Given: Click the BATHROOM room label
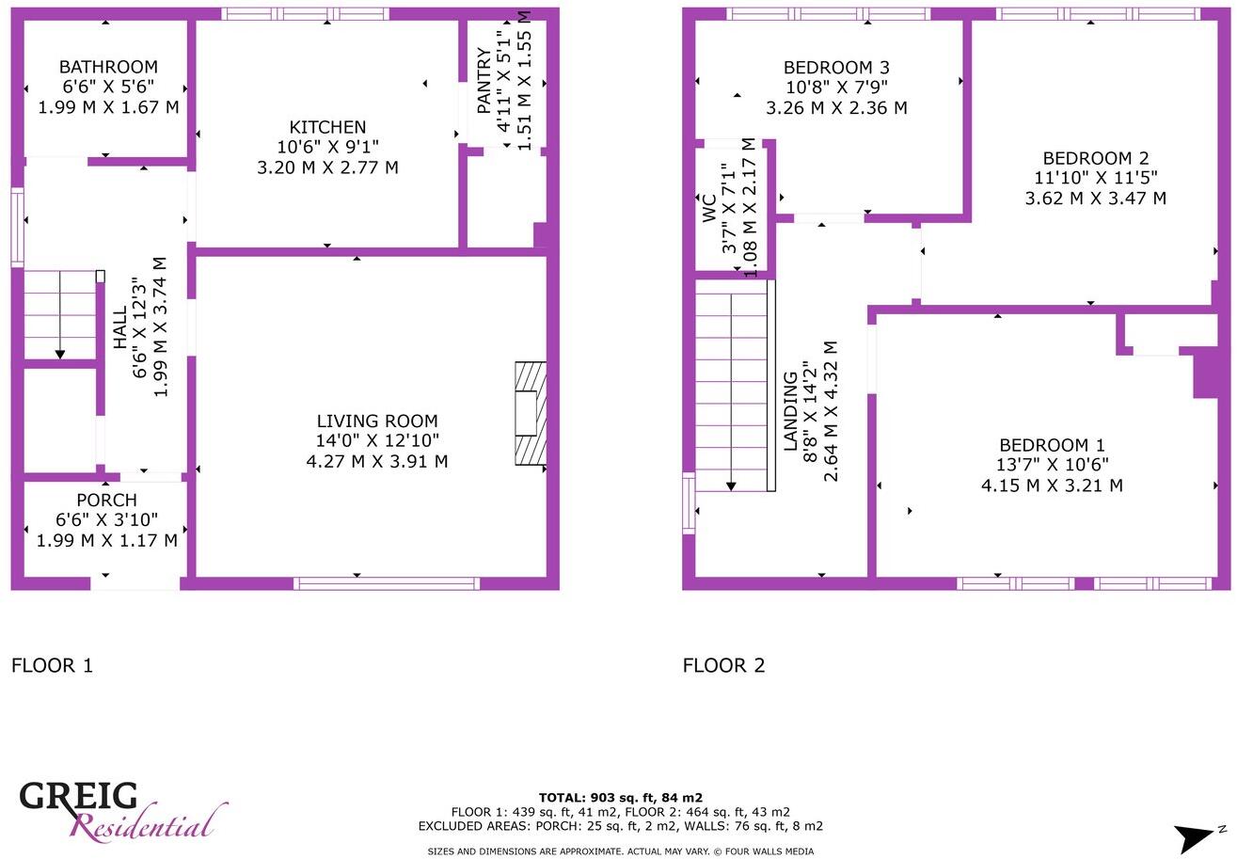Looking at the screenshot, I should (x=108, y=67).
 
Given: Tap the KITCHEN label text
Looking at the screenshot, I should (x=327, y=127).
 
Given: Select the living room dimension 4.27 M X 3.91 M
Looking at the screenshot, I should (x=376, y=461).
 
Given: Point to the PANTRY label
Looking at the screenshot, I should (x=484, y=81).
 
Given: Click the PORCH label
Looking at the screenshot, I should (x=106, y=501).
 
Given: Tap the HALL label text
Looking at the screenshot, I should (x=120, y=327).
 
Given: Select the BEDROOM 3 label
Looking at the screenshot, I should (x=836, y=68).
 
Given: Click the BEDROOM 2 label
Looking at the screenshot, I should (x=1095, y=158).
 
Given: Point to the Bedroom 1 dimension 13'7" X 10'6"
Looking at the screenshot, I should (x=1052, y=465).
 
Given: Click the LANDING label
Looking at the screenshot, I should (x=791, y=410).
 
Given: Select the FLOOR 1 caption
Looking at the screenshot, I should (x=52, y=666).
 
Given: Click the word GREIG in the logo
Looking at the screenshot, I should (x=79, y=796).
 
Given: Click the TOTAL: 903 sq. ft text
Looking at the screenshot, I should (x=620, y=798).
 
